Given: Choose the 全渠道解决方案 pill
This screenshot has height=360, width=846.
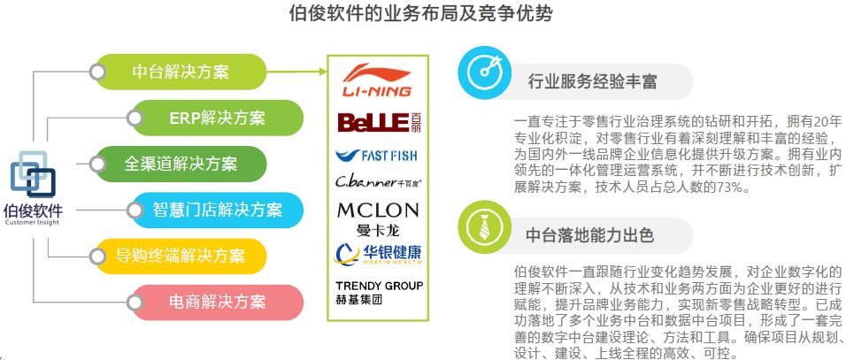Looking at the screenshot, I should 181,164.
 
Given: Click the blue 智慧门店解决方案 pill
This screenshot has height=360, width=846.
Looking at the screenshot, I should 217,210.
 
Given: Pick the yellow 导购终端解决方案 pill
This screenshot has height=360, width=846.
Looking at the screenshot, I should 181,256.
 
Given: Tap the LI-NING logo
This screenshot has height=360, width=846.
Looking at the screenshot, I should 376,80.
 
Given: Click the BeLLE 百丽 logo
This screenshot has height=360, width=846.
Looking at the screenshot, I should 376,122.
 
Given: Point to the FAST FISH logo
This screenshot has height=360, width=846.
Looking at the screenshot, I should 376,155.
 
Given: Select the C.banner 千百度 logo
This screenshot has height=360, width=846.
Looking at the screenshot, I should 376,183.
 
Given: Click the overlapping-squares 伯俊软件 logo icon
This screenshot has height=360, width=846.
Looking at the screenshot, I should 33,176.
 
